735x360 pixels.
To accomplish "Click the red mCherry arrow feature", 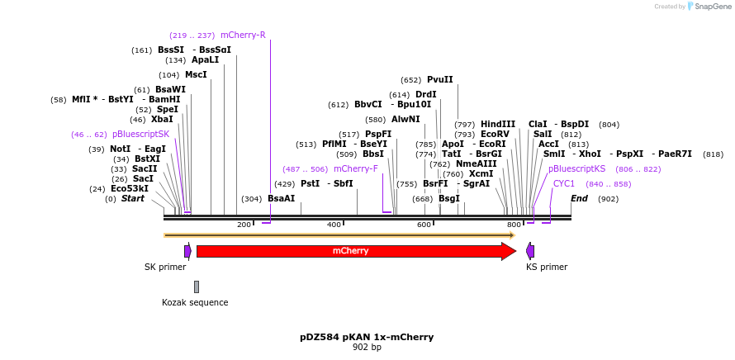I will click(x=351, y=251).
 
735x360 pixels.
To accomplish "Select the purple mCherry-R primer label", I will click(x=243, y=36).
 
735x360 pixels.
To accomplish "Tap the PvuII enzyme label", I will click(x=439, y=80).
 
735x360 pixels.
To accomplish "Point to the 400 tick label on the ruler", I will click(x=334, y=225).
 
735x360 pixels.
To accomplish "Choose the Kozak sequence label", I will click(x=195, y=302).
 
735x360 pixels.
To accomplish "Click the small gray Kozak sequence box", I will click(x=197, y=287).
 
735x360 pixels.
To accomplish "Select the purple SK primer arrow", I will click(x=187, y=251).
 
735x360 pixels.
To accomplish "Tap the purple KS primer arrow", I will click(x=530, y=251).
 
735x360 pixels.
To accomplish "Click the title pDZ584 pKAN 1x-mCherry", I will click(x=367, y=337).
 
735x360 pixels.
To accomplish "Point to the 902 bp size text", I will click(x=367, y=348).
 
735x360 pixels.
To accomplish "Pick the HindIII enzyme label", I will click(x=498, y=125).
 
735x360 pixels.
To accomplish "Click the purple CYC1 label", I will click(x=564, y=184).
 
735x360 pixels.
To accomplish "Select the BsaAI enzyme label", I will click(x=281, y=199).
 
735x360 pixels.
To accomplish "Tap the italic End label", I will click(x=579, y=199).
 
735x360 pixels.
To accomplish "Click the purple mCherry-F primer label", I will click(x=355, y=169).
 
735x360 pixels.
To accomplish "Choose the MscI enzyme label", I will click(x=196, y=75).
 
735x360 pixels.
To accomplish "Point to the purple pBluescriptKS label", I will click(x=576, y=169).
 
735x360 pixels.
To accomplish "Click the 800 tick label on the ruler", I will click(x=514, y=225).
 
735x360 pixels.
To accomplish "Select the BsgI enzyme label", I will click(x=448, y=199).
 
